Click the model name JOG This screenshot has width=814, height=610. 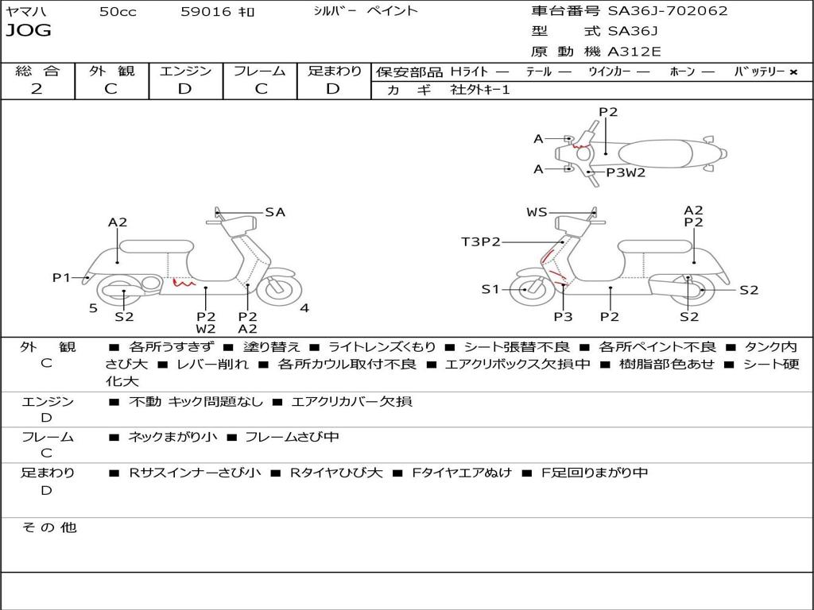click(29, 31)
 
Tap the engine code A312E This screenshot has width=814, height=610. click(634, 52)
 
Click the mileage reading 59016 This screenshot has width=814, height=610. click(206, 12)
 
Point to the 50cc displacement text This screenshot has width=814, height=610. click(118, 12)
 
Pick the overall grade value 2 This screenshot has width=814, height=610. click(37, 89)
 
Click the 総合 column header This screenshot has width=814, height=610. click(37, 71)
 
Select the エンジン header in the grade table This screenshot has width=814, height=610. click(185, 71)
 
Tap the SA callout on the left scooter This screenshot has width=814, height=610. click(275, 212)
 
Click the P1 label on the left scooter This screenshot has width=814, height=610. click(61, 277)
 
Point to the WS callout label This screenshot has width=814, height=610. click(537, 212)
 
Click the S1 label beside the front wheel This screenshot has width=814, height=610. click(490, 289)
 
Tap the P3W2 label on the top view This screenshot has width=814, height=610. click(626, 172)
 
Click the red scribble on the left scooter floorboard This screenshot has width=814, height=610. click(184, 281)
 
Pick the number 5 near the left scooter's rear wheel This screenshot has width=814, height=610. click(93, 308)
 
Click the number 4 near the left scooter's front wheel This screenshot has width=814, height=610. click(304, 308)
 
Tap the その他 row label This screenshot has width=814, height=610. click(48, 527)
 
